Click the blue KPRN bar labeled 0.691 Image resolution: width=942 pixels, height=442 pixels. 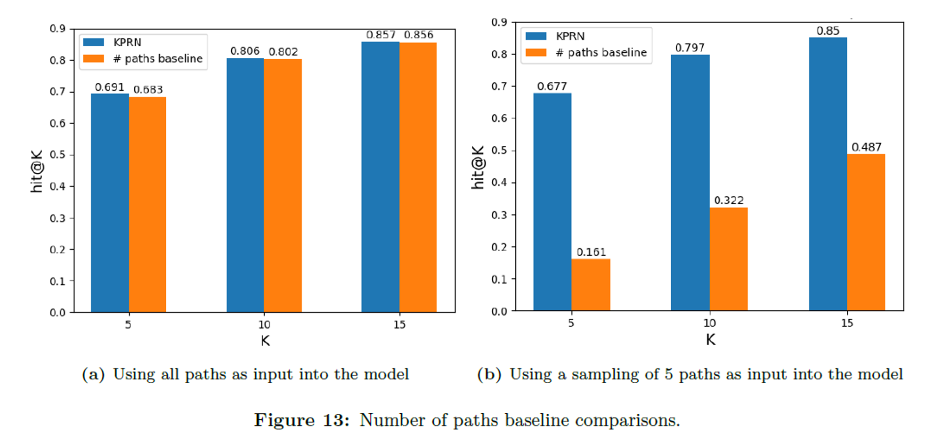[110, 202]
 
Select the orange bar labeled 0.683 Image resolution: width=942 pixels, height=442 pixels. [147, 204]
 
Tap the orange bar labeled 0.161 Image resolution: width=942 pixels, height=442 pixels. [591, 284]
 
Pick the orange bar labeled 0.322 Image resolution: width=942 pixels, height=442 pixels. [728, 259]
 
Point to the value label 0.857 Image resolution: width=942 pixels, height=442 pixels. [381, 35]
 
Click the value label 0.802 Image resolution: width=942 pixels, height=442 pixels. [283, 52]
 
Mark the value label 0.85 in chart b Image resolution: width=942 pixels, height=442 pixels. [828, 31]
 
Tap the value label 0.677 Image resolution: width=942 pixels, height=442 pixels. [552, 87]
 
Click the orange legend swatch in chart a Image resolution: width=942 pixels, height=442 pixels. [93, 59]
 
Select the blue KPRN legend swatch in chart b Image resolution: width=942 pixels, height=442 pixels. [536, 36]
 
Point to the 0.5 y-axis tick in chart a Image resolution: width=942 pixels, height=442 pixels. [58, 155]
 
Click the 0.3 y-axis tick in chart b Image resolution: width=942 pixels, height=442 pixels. [499, 215]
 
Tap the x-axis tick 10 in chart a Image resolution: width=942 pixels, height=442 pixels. [264, 325]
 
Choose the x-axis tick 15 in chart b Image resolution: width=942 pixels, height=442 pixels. [847, 323]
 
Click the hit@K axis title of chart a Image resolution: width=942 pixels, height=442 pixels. [37, 171]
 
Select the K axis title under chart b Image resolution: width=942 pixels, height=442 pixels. [710, 339]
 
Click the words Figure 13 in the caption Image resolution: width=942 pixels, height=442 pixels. [302, 420]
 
